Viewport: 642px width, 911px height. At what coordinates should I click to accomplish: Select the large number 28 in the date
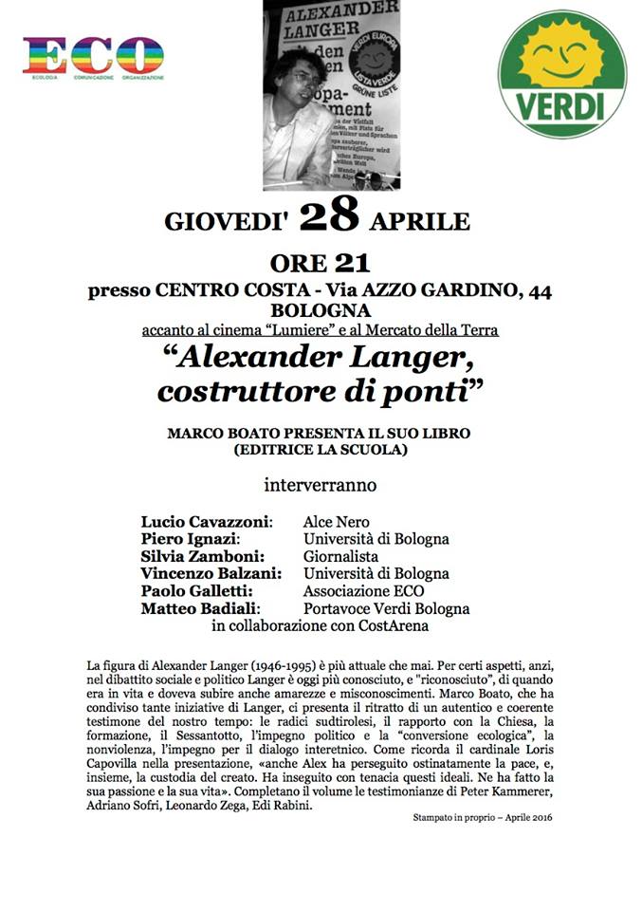329,217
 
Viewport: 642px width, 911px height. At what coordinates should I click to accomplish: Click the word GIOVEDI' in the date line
228,222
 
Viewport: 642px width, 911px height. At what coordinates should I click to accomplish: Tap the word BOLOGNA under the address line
321,311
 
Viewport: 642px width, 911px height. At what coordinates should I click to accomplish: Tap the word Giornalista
340,556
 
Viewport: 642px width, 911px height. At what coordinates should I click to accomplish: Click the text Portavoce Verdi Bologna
386,608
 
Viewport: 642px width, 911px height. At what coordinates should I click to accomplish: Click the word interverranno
320,485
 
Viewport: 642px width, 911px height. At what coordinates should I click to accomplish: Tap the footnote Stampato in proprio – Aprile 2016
482,817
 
